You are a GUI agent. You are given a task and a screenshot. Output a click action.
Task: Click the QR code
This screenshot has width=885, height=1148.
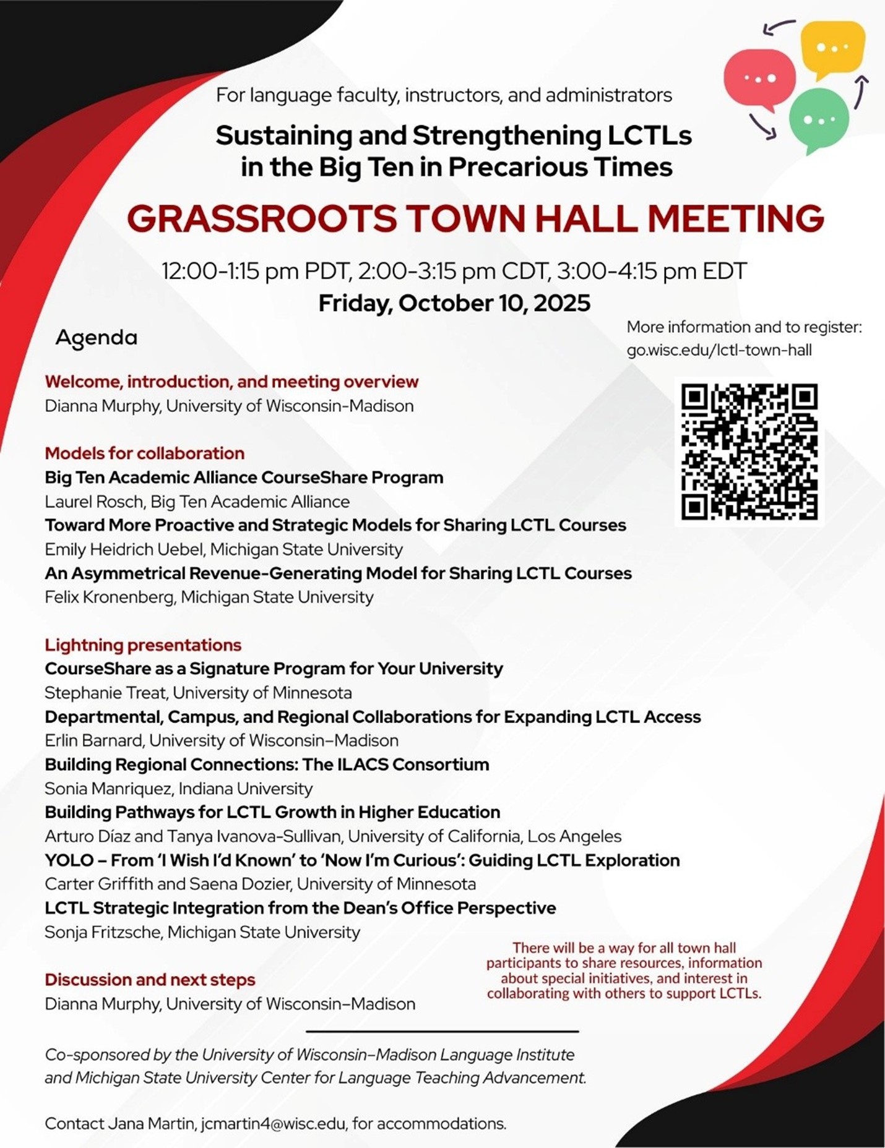coord(749,452)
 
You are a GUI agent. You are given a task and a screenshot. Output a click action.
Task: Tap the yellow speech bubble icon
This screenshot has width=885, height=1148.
coord(832,48)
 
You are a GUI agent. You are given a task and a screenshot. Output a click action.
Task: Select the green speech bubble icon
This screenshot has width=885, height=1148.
coord(818,118)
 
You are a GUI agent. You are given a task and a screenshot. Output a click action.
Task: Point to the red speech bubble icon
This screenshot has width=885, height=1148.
coord(759,79)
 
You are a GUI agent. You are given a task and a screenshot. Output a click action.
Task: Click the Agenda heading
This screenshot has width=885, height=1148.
coord(97,338)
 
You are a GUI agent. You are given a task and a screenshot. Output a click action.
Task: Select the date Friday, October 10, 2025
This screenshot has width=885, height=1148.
coord(454,303)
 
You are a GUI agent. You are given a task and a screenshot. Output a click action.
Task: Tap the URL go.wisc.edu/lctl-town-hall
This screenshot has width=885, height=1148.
coord(719,350)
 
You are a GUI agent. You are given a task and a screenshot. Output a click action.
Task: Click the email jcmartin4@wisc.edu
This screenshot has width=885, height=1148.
coord(273,1123)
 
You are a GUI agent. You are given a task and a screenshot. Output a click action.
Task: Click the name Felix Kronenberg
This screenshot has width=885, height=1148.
coord(110,597)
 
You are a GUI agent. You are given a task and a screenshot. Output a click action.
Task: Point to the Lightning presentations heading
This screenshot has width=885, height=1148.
coord(143,645)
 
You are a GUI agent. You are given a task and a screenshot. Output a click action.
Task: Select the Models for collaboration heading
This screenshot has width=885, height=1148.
coord(144,453)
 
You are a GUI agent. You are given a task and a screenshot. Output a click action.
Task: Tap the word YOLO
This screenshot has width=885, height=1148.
coord(69,860)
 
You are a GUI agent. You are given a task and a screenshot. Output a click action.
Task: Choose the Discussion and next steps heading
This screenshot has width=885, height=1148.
coord(150,980)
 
